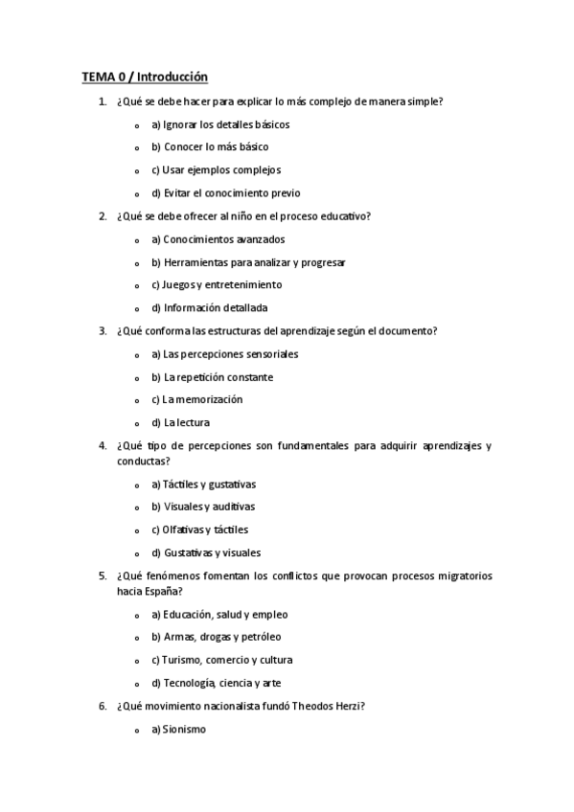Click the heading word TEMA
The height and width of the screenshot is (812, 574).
coord(96,77)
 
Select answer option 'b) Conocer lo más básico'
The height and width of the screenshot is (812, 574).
coord(210,147)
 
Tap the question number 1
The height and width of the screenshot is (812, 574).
coord(103,101)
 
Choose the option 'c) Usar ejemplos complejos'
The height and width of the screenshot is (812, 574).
coord(216,170)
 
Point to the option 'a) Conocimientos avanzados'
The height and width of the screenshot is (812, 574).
coord(218,239)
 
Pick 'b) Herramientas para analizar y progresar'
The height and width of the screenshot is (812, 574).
coord(248,262)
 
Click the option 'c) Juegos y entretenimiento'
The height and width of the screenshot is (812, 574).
coord(217,285)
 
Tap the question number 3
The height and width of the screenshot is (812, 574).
coord(103,331)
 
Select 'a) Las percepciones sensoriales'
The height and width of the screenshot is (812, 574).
coord(224,354)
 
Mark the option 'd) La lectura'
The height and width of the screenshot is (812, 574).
coord(180,422)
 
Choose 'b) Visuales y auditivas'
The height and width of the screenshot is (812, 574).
coord(203,507)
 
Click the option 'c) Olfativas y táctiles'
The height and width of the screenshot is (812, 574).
coord(199,530)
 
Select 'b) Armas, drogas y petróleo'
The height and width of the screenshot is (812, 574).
coord(216,637)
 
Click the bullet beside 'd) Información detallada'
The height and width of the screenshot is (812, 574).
coord(137,309)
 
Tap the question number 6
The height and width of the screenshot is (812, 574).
coord(103,707)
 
